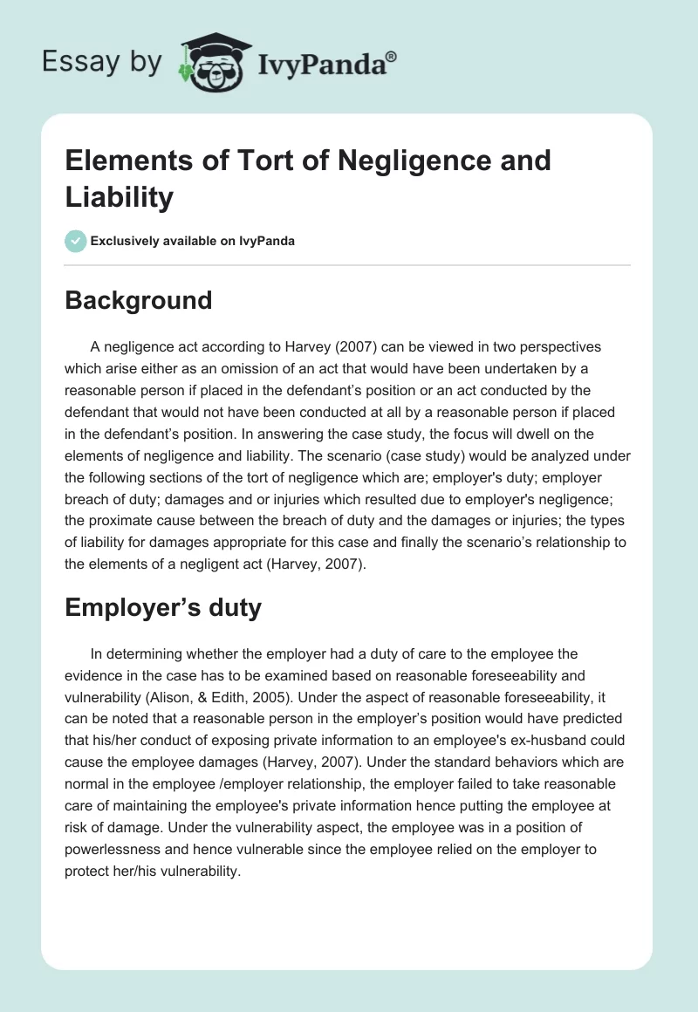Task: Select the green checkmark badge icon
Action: [x=75, y=241]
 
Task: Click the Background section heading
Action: [x=139, y=300]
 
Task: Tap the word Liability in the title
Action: [x=120, y=197]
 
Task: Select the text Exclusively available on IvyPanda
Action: [x=193, y=241]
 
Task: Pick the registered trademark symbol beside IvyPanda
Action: [x=392, y=55]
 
